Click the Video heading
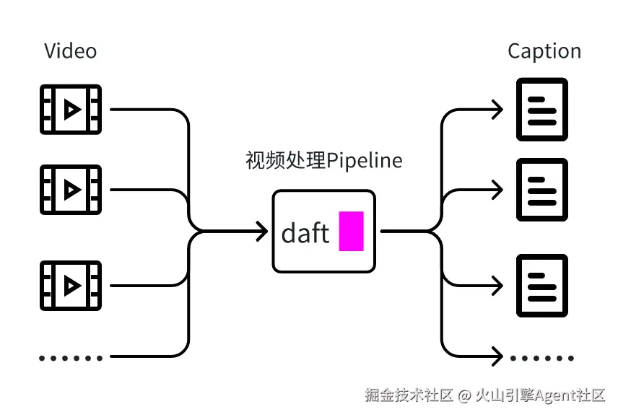[x=70, y=51]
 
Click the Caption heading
[x=544, y=51]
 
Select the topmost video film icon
[x=71, y=110]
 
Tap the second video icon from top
[x=71, y=190]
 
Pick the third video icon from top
[x=71, y=286]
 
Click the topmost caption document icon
[x=542, y=110]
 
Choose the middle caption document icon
[x=542, y=190]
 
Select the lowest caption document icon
[x=542, y=286]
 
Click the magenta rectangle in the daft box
[x=351, y=231]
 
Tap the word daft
[x=305, y=233]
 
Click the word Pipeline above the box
[x=365, y=160]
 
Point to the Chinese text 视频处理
[x=286, y=160]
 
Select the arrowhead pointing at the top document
[x=497, y=110]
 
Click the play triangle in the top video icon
[x=71, y=110]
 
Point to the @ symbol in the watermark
[x=465, y=395]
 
